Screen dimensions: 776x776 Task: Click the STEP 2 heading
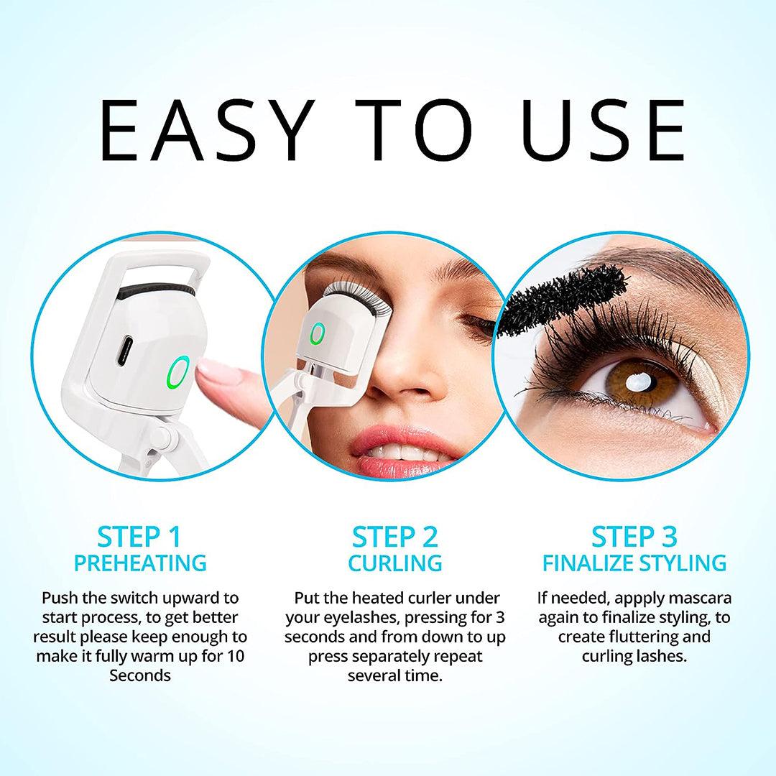(x=394, y=537)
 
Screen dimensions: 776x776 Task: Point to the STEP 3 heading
(x=634, y=537)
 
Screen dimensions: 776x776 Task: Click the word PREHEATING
(x=141, y=563)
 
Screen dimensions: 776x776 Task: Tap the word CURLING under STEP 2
(x=394, y=563)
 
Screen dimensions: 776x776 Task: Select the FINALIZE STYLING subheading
(x=634, y=563)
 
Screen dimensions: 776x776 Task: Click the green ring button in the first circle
(x=177, y=371)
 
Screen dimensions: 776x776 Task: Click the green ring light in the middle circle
(x=317, y=336)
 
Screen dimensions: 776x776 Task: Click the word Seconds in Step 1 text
(x=140, y=676)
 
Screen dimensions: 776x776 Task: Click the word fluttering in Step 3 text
(x=632, y=637)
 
